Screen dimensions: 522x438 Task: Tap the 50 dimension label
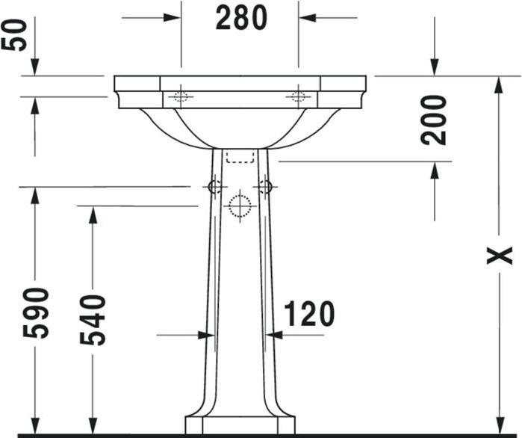click(x=13, y=35)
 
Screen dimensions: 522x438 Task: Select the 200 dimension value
click(x=433, y=120)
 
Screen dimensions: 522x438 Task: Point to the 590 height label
click(x=36, y=312)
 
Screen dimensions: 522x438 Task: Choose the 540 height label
click(x=93, y=320)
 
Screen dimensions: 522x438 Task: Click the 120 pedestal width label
click(x=309, y=313)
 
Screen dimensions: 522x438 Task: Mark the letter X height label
click(x=500, y=256)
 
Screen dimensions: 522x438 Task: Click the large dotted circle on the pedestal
click(x=240, y=206)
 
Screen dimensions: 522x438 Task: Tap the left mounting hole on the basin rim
click(x=181, y=97)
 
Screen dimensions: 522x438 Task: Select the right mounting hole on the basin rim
click(x=298, y=97)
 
